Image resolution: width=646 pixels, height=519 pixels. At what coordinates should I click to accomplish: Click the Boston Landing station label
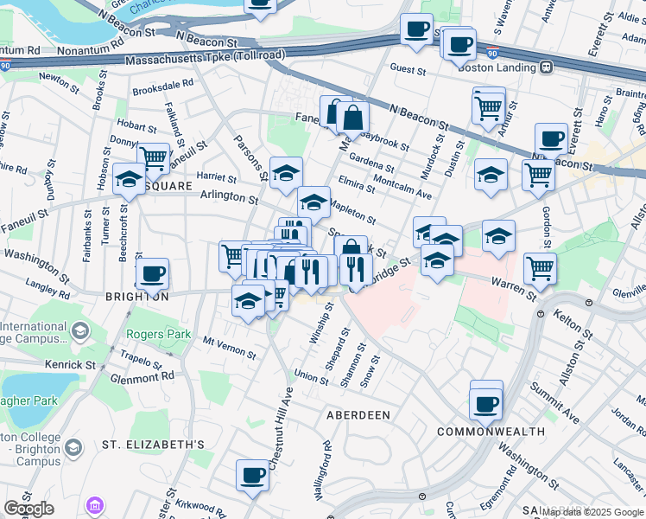point(498,67)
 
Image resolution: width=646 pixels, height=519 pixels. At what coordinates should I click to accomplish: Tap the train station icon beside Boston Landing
point(547,67)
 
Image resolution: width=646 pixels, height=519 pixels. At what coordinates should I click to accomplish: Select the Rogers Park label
point(150,334)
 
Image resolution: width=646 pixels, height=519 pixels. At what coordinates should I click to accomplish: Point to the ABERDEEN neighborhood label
point(358,415)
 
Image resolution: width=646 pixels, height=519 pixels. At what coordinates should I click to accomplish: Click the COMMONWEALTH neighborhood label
point(491,431)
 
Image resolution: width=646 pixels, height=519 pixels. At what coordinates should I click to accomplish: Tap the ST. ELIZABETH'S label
point(154,445)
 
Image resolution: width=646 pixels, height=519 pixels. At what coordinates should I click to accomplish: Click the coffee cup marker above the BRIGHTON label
point(152,275)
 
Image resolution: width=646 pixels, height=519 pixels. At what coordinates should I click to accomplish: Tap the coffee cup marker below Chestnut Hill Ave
point(253,475)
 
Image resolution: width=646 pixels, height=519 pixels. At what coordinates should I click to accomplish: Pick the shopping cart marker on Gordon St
point(540,268)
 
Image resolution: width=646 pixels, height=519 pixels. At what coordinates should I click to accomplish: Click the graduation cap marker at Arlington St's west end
point(129,180)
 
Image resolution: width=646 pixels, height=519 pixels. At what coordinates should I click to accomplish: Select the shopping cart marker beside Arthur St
point(489,108)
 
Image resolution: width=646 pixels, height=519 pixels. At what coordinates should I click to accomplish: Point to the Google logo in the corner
point(28,509)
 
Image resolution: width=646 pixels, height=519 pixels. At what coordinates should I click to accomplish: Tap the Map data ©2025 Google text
point(592,512)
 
